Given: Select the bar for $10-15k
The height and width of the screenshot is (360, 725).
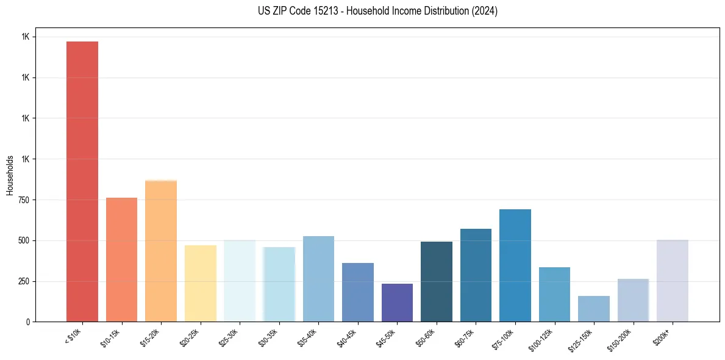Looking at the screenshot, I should coord(121,259).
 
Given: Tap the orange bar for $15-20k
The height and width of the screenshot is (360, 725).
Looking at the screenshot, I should coord(161,251).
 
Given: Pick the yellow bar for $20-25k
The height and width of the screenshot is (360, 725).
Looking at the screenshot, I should coord(200,283).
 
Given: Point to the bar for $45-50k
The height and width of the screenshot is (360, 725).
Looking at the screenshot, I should coord(397,303).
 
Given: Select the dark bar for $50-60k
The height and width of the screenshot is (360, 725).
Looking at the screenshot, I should coord(436,281).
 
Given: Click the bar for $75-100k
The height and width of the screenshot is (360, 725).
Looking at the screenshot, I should coord(515,265).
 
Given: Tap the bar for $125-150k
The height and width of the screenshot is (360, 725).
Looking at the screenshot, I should coord(593,309).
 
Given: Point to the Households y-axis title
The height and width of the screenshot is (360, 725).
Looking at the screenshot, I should coord(10,175).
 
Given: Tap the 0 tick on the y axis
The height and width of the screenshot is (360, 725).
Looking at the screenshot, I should coord(28,322).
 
